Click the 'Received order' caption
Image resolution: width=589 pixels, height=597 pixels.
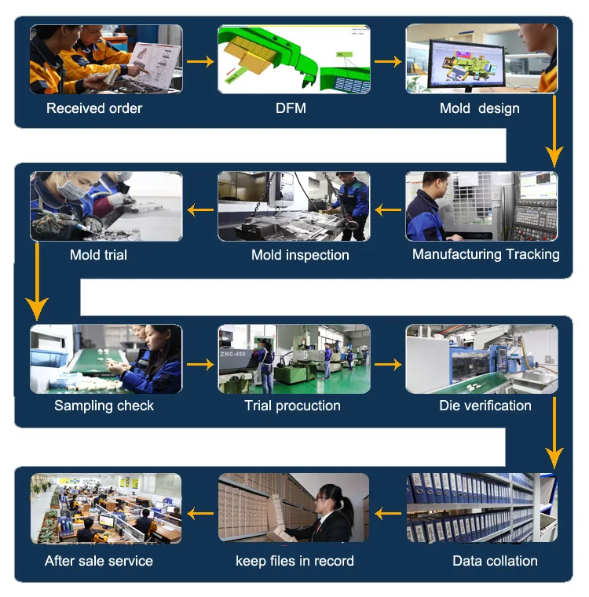(94, 108)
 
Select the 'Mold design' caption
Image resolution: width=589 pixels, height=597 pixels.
(479, 108)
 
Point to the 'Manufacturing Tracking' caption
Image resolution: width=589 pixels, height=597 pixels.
(485, 254)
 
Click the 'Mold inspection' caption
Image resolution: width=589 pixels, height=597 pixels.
(300, 255)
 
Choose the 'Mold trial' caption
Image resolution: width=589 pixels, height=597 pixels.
(98, 255)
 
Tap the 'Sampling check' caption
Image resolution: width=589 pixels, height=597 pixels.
(104, 406)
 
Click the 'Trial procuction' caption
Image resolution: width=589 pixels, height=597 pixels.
(292, 406)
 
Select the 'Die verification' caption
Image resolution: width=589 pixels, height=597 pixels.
(485, 406)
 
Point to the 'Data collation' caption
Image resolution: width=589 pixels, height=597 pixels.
(495, 561)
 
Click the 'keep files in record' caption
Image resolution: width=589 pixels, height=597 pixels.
(294, 561)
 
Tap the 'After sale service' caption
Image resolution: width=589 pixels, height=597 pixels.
(99, 561)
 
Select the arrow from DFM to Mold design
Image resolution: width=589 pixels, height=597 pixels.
(388, 61)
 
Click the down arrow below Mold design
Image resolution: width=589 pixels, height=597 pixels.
(555, 129)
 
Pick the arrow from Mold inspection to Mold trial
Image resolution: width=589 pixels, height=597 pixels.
(200, 209)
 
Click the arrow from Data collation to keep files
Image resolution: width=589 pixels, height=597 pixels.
(388, 514)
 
